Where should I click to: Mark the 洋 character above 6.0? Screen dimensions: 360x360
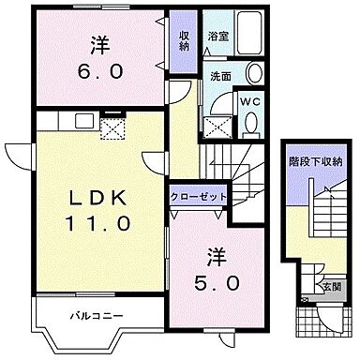click(98, 42)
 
